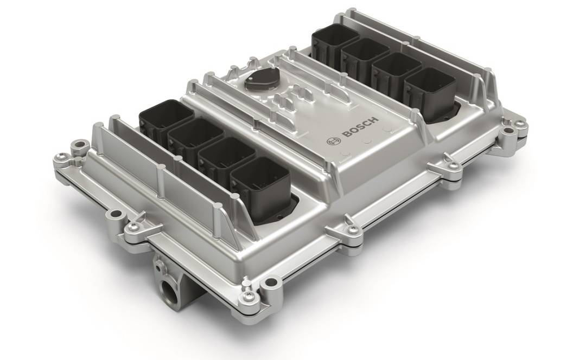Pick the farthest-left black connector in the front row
(x=167, y=119)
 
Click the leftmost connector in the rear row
(x=335, y=42)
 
